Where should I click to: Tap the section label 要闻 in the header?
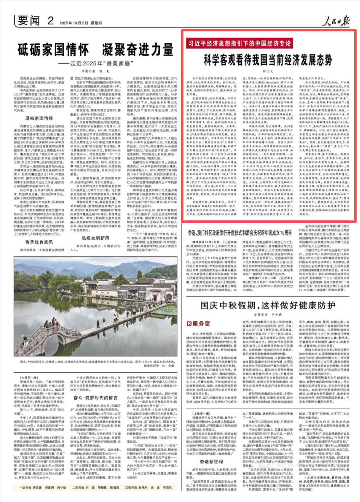coord(28,20)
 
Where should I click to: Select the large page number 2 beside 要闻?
coord(51,20)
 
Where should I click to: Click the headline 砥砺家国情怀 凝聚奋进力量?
coord(95,50)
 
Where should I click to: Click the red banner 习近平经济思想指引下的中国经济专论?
coord(239,43)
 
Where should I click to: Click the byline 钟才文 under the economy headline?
coord(268,71)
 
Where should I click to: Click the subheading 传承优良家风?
coord(39,242)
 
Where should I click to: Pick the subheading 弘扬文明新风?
coord(95,238)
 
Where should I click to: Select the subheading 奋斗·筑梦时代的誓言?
coord(95,398)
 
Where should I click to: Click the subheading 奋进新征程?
coord(212,461)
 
